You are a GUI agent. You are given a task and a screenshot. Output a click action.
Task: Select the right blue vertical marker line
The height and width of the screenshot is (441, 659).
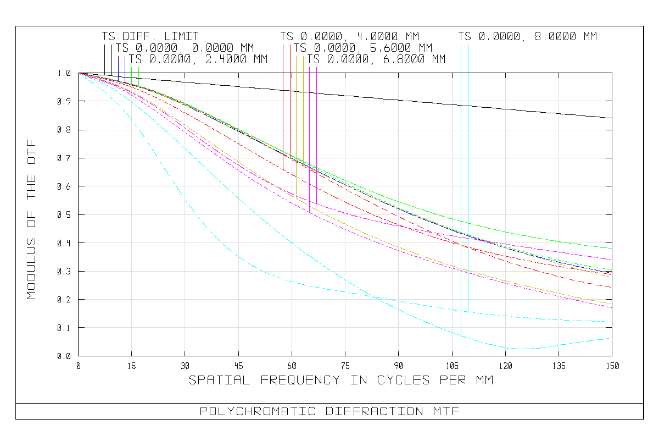click(x=296, y=110)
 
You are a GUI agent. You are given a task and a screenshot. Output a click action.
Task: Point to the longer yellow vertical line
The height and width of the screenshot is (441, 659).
click(x=303, y=110)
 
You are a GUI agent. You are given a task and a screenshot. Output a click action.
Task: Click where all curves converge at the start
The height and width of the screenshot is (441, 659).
click(x=80, y=74)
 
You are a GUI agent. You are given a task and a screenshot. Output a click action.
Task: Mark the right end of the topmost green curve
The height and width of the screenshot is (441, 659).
click(x=612, y=249)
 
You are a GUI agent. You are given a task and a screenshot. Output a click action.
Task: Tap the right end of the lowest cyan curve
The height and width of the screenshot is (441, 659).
click(x=612, y=338)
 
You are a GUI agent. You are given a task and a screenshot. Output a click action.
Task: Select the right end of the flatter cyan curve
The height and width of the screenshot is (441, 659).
click(x=612, y=322)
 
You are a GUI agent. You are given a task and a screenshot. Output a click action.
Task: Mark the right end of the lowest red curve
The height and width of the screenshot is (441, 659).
click(x=612, y=288)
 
